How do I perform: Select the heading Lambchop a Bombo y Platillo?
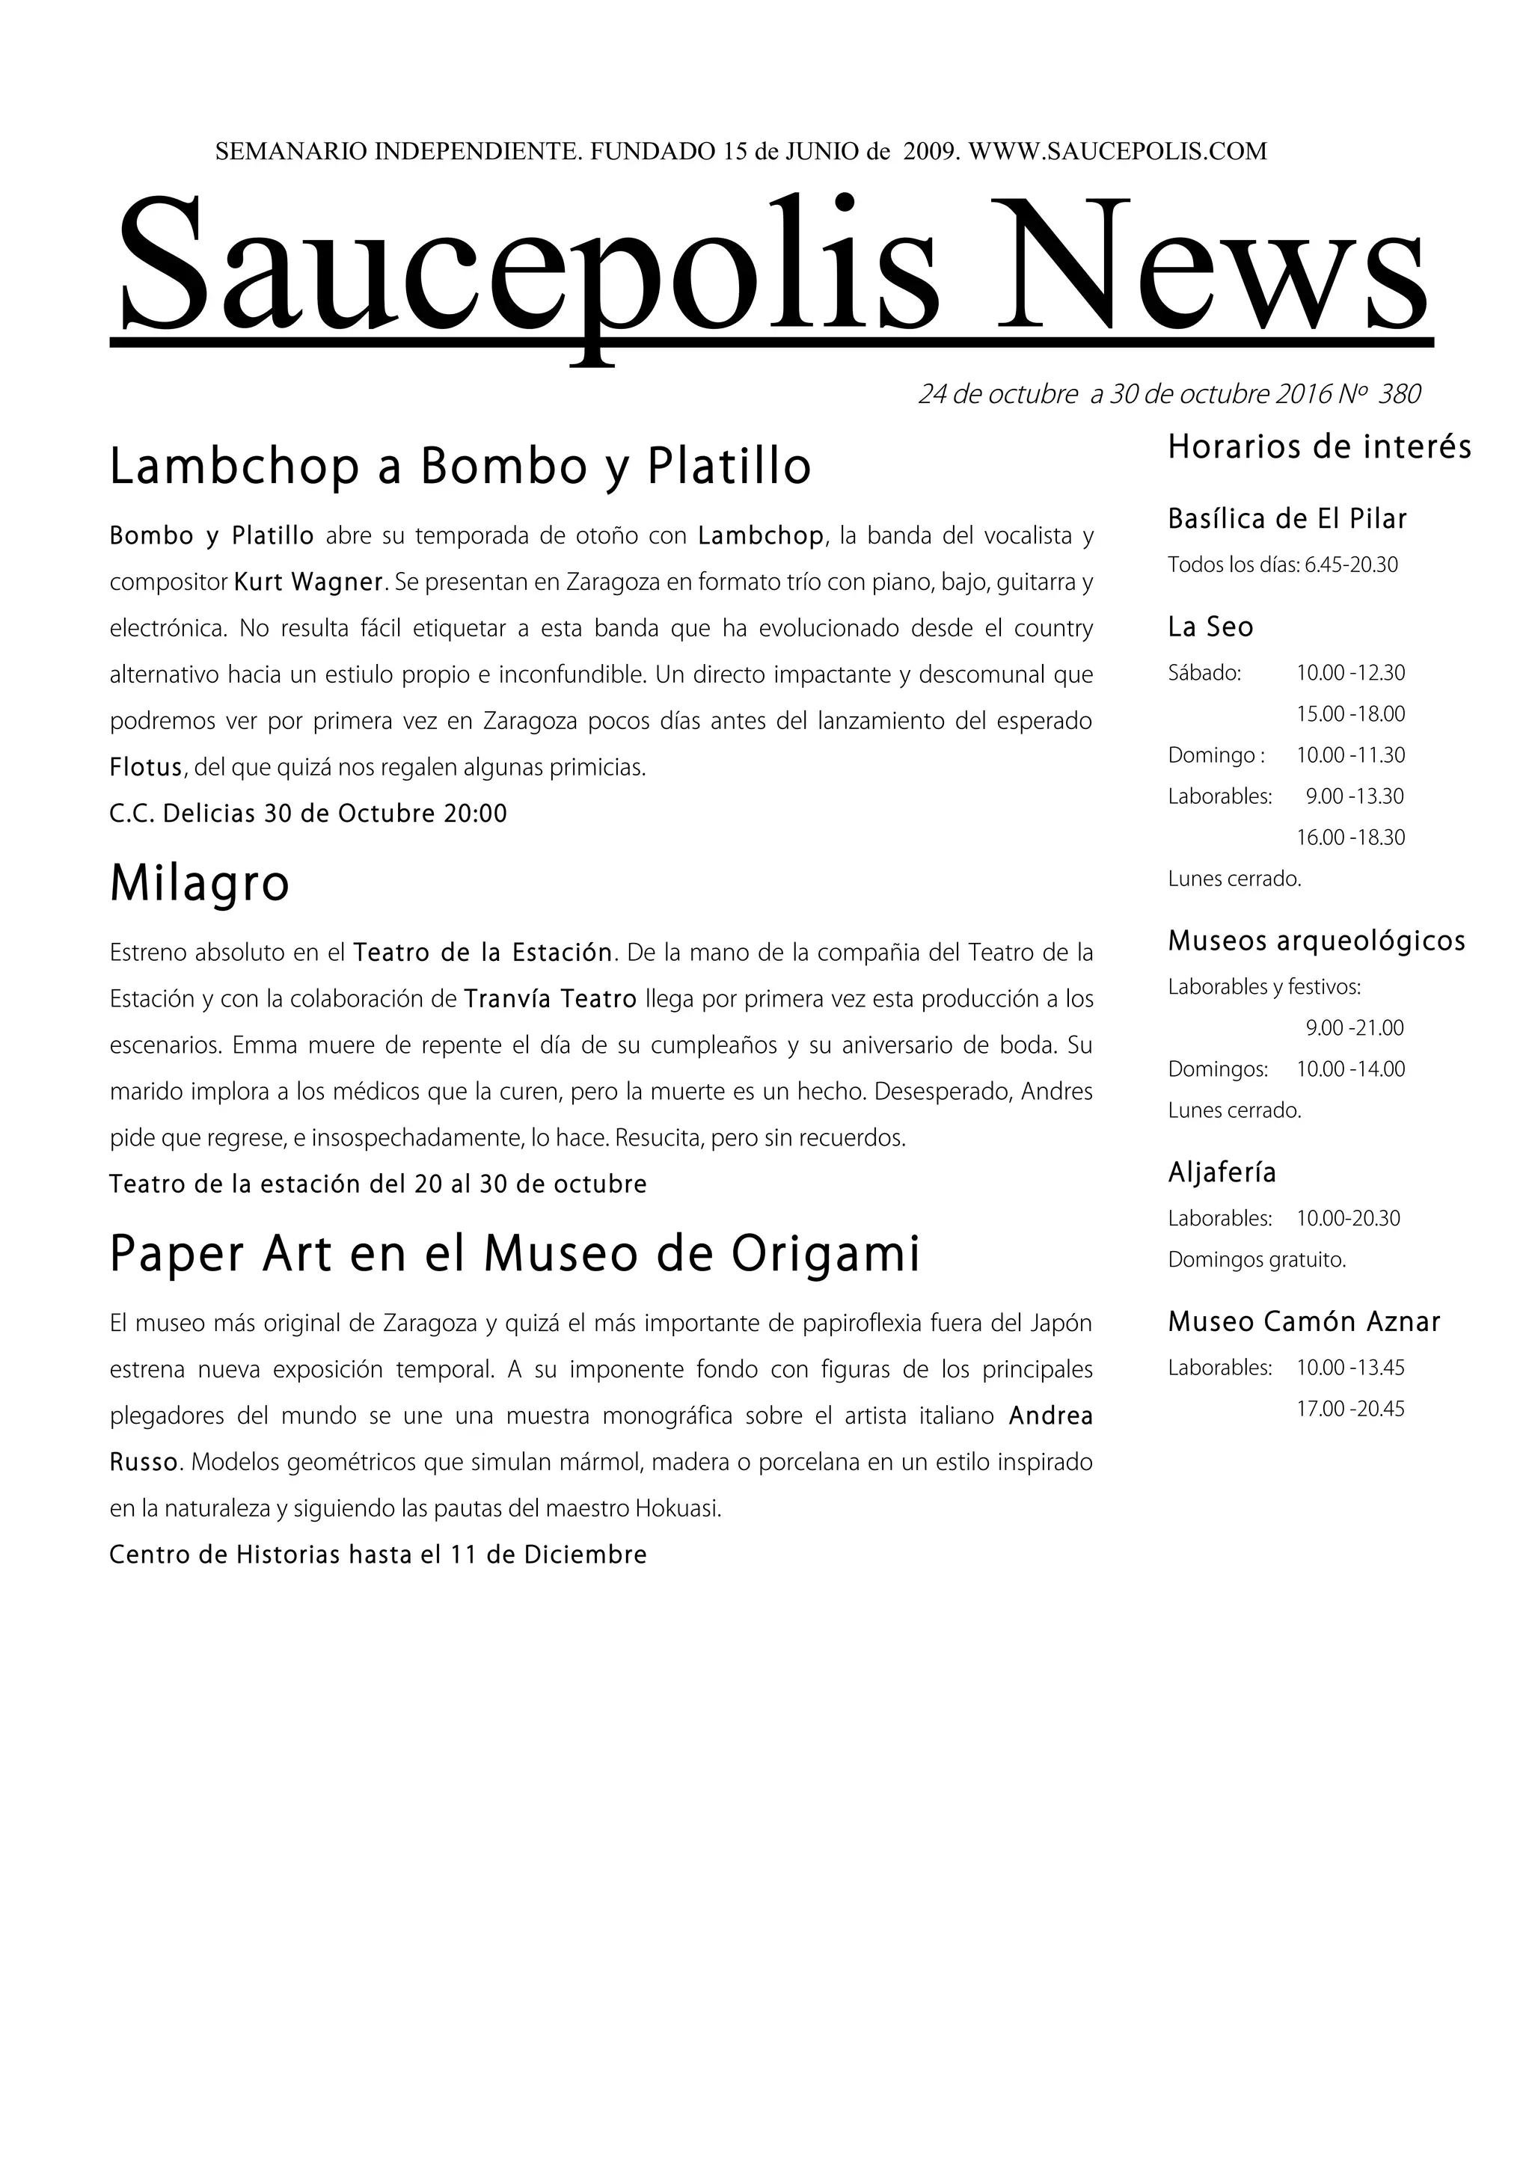click(460, 467)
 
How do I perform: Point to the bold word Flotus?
click(145, 767)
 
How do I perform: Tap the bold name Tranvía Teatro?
click(551, 998)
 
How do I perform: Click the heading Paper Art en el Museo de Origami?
click(515, 1254)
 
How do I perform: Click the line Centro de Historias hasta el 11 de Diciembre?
click(378, 1555)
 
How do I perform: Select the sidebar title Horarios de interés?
click(1319, 446)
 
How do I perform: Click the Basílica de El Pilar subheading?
click(1287, 519)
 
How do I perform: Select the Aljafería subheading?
click(1222, 1173)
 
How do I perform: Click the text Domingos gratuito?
click(1257, 1260)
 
